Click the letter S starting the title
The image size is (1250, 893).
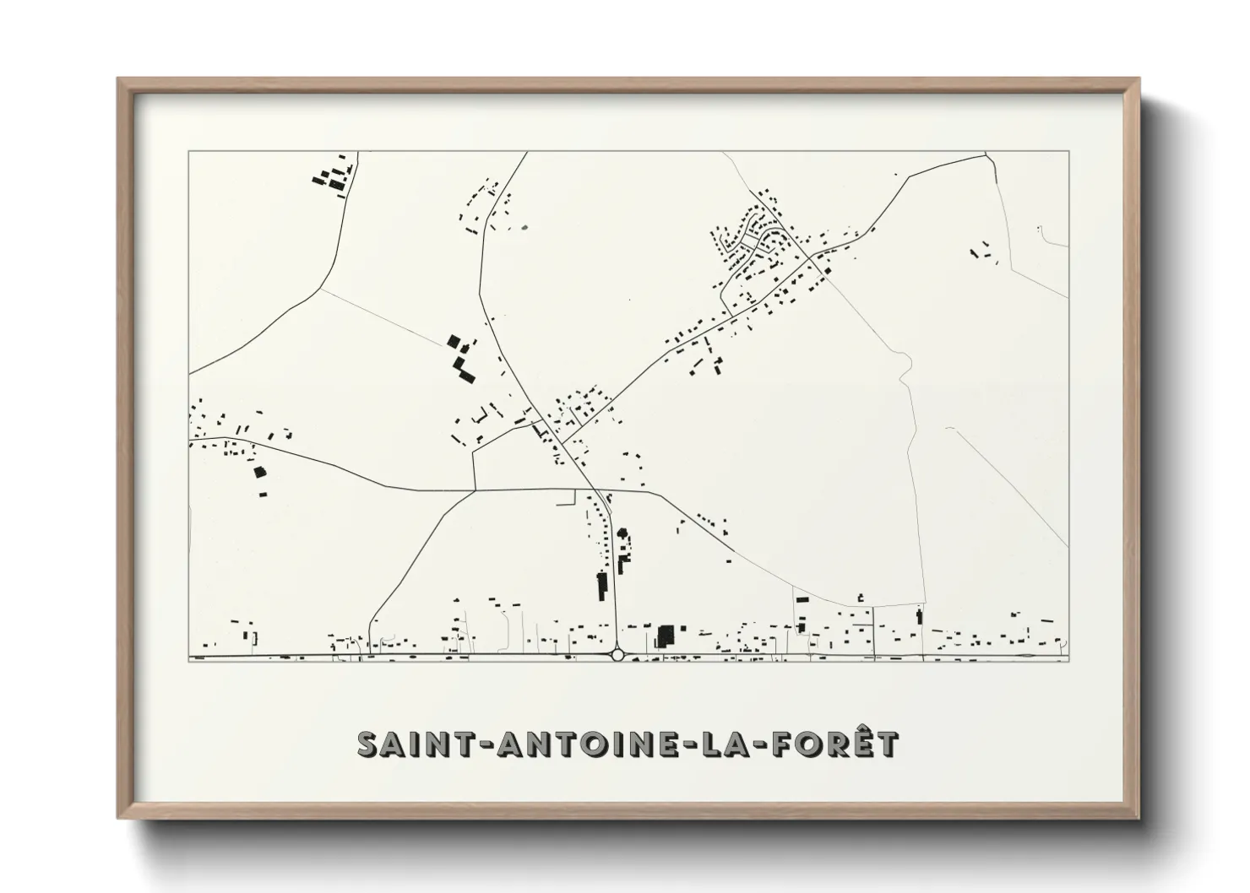[367, 744]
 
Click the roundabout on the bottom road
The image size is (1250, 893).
[617, 655]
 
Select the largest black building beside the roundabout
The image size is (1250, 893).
[666, 636]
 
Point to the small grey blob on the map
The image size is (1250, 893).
[524, 227]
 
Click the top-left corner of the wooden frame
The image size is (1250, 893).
[118, 79]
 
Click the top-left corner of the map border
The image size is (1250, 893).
[188, 152]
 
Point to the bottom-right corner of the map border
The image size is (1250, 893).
[1068, 661]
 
